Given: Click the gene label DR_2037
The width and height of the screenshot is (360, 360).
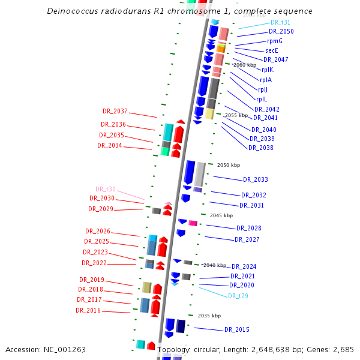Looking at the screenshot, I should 115,111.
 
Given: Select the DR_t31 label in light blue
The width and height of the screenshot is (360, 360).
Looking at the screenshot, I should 280,22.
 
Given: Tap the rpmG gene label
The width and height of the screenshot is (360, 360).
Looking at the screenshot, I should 275,41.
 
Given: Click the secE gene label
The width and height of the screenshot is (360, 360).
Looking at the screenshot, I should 271,50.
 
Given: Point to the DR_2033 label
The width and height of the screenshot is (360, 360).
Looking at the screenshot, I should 256,179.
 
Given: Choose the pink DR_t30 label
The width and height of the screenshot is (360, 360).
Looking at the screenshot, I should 106,189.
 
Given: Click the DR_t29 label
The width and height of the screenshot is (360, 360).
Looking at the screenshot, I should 238,296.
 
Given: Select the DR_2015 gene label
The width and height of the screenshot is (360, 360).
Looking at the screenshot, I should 237,329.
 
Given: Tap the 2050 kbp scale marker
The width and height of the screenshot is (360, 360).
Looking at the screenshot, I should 228,164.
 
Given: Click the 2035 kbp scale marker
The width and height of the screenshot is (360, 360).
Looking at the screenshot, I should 209,316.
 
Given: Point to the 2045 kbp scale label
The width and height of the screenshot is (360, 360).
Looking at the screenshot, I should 220,215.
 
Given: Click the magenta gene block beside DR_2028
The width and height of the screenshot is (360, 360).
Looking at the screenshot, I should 193,223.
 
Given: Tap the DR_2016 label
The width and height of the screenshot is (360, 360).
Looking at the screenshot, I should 88,310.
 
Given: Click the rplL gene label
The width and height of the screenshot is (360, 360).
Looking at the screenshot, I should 262,99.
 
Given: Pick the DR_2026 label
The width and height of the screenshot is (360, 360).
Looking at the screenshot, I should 98,231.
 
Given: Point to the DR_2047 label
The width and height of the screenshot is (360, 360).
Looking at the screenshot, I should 276,59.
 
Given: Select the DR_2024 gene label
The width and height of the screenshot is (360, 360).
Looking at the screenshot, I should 244,266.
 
